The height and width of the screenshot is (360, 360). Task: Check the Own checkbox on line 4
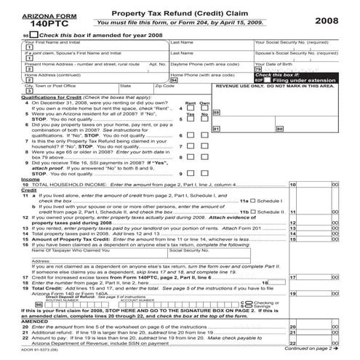click(204, 109)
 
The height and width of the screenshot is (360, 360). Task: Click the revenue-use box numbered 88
click(216, 113)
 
